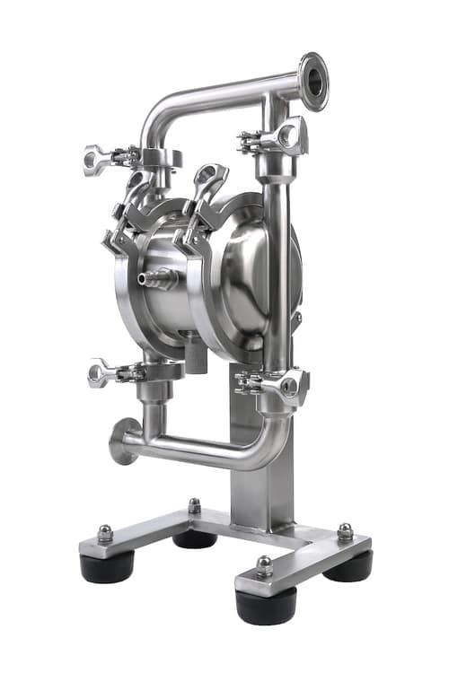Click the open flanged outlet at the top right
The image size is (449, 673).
tap(313, 82)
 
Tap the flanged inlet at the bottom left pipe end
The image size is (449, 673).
tap(120, 441)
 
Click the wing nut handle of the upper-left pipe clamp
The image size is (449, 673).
tap(97, 159)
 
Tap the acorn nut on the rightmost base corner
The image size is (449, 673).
tap(345, 531)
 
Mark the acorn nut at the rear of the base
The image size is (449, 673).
tap(194, 506)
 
